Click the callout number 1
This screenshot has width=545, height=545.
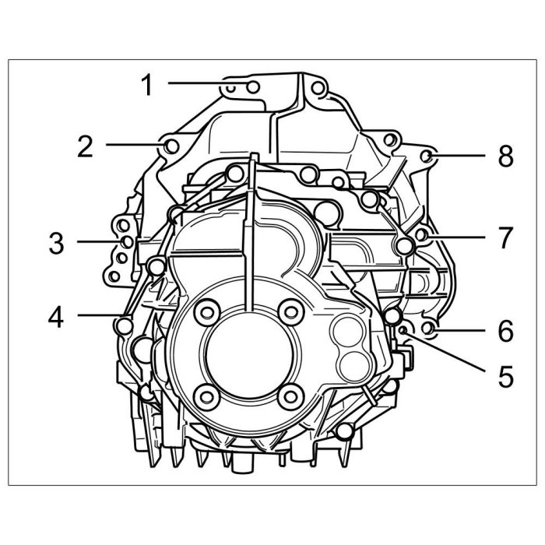click(x=147, y=85)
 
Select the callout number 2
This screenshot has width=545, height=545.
click(x=85, y=146)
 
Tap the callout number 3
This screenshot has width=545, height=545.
click(x=56, y=243)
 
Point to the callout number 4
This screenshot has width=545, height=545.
click(x=56, y=318)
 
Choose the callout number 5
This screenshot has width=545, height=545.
click(x=506, y=376)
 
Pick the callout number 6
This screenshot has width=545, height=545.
click(x=506, y=330)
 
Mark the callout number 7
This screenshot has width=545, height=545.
click(x=506, y=237)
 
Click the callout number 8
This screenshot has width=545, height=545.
click(x=506, y=156)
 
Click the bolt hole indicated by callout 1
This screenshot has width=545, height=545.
click(x=253, y=87)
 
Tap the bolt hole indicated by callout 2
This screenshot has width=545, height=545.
click(x=171, y=146)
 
